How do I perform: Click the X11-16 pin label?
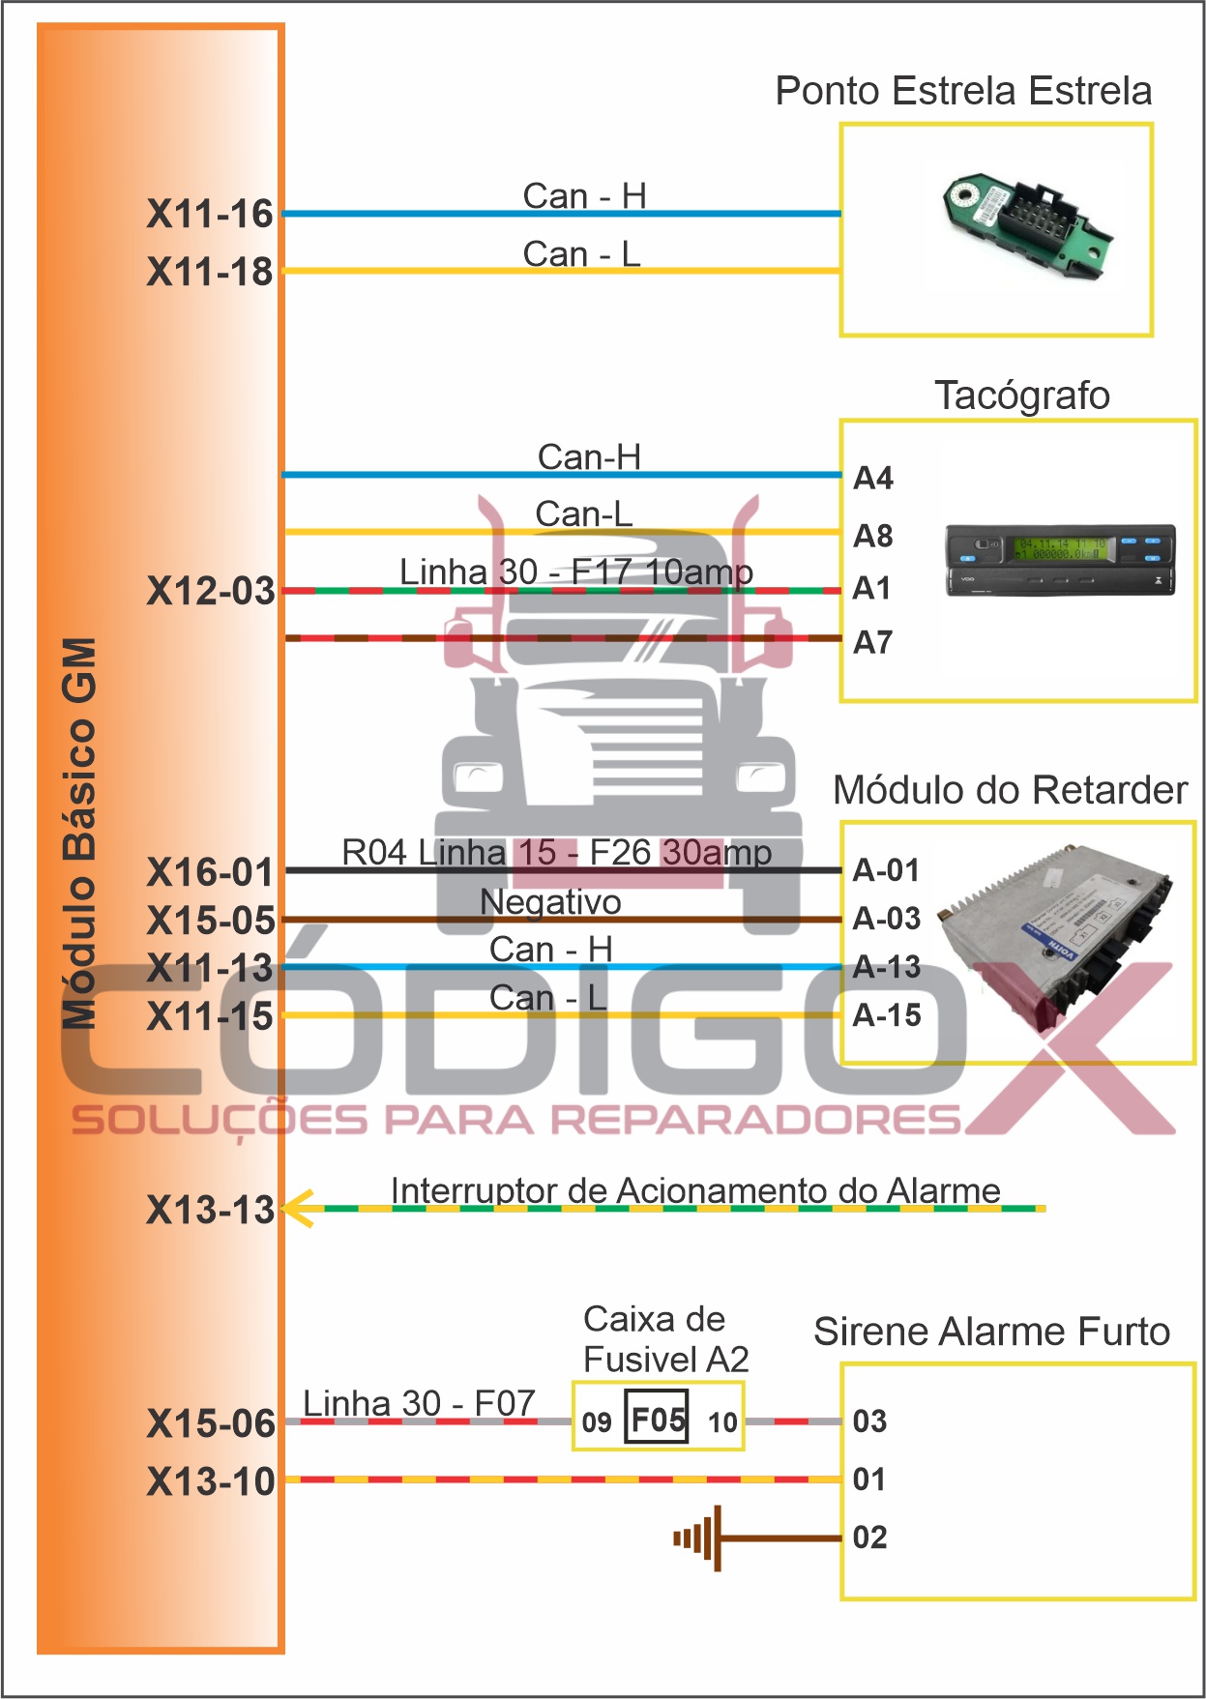pos(210,214)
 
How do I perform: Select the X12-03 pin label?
pos(210,591)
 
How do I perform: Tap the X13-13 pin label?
pos(210,1210)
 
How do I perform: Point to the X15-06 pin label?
pos(210,1423)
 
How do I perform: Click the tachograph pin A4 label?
pos(872,478)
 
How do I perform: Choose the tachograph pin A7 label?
pos(872,642)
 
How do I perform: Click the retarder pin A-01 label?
pos(886,870)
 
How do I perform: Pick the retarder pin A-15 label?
pos(886,1015)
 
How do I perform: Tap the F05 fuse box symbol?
pos(657,1419)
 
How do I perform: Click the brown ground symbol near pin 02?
pos(700,1538)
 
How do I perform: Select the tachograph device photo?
pos(1060,560)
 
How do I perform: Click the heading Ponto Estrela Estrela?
pos(963,91)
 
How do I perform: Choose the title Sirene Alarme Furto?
pos(991,1332)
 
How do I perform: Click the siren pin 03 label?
pos(869,1421)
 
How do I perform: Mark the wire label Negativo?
pos(550,902)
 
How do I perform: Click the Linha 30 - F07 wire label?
pos(419,1403)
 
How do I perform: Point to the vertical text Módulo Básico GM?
pos(80,832)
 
